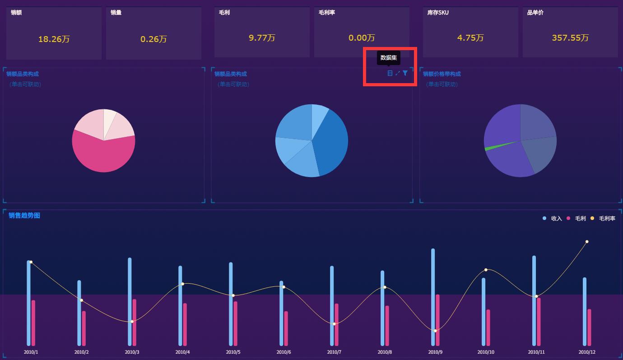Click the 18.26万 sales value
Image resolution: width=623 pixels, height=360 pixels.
[x=54, y=39]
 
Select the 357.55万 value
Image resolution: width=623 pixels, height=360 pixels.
[x=570, y=38]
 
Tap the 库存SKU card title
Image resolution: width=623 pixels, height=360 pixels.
[x=437, y=13]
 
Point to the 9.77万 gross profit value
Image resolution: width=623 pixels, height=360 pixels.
[x=262, y=38]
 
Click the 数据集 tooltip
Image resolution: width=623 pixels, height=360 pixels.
[x=388, y=58]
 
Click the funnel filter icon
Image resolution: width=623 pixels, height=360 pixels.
[x=405, y=73]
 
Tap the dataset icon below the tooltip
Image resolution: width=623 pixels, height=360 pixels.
[x=390, y=73]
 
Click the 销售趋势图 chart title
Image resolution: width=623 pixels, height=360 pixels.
[x=24, y=215]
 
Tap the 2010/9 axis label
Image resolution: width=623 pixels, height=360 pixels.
[x=435, y=352]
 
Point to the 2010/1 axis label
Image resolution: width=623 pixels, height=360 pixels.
[x=31, y=352]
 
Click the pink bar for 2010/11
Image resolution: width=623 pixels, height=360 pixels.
[x=539, y=322]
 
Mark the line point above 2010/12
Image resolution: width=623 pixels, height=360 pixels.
[x=587, y=242]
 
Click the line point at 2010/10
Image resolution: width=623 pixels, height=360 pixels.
[x=486, y=270]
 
